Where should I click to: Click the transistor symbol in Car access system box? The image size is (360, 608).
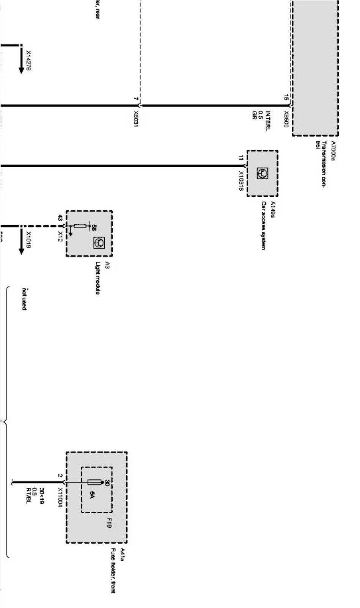[263, 173]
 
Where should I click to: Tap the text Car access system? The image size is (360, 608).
[263, 225]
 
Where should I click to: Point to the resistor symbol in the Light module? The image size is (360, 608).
[80, 226]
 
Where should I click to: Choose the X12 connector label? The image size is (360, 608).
[60, 236]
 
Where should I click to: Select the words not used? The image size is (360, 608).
[24, 299]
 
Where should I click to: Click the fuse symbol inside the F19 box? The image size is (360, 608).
[94, 482]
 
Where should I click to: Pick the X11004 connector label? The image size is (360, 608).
[60, 497]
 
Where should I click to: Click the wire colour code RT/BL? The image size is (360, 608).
[27, 495]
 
